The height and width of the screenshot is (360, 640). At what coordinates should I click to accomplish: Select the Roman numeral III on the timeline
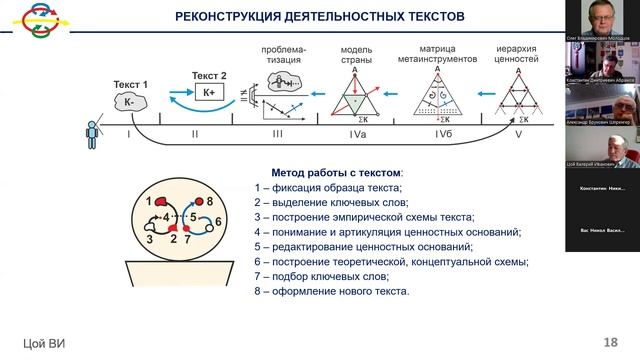pos(277,133)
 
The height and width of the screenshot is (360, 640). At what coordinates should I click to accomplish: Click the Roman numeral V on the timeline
pos(516,133)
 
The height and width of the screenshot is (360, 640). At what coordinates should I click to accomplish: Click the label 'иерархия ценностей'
pos(518,53)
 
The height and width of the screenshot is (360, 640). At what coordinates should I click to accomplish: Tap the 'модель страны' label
pos(357,53)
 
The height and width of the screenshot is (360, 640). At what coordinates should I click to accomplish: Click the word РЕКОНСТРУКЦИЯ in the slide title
pos(231,16)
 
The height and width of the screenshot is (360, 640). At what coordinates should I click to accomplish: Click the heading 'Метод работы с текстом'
pos(337,172)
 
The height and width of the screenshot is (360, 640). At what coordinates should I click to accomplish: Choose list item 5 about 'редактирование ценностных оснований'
pos(362,246)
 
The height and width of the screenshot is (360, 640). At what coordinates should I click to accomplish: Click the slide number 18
pos(611,342)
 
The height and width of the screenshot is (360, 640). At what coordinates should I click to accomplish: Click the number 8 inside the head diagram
pos(210,203)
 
